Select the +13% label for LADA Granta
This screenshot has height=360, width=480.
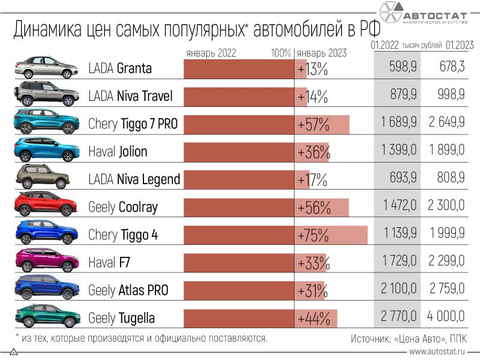[x=313, y=69]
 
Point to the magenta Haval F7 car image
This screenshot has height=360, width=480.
[x=46, y=261]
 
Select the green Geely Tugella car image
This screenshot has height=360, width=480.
[x=46, y=316]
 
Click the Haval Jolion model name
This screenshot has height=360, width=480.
[x=117, y=151]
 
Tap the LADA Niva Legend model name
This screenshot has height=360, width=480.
[x=134, y=179]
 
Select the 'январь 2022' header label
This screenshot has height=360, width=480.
[x=211, y=53]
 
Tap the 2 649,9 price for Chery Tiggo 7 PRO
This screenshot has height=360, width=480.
[x=446, y=124]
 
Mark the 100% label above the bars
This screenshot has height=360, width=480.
[x=280, y=53]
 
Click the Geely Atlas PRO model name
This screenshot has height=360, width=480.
[x=128, y=290]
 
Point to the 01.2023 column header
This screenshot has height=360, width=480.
[x=460, y=45]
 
